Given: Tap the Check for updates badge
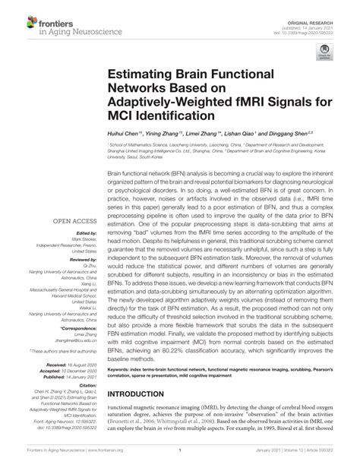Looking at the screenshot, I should tap(327, 52).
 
